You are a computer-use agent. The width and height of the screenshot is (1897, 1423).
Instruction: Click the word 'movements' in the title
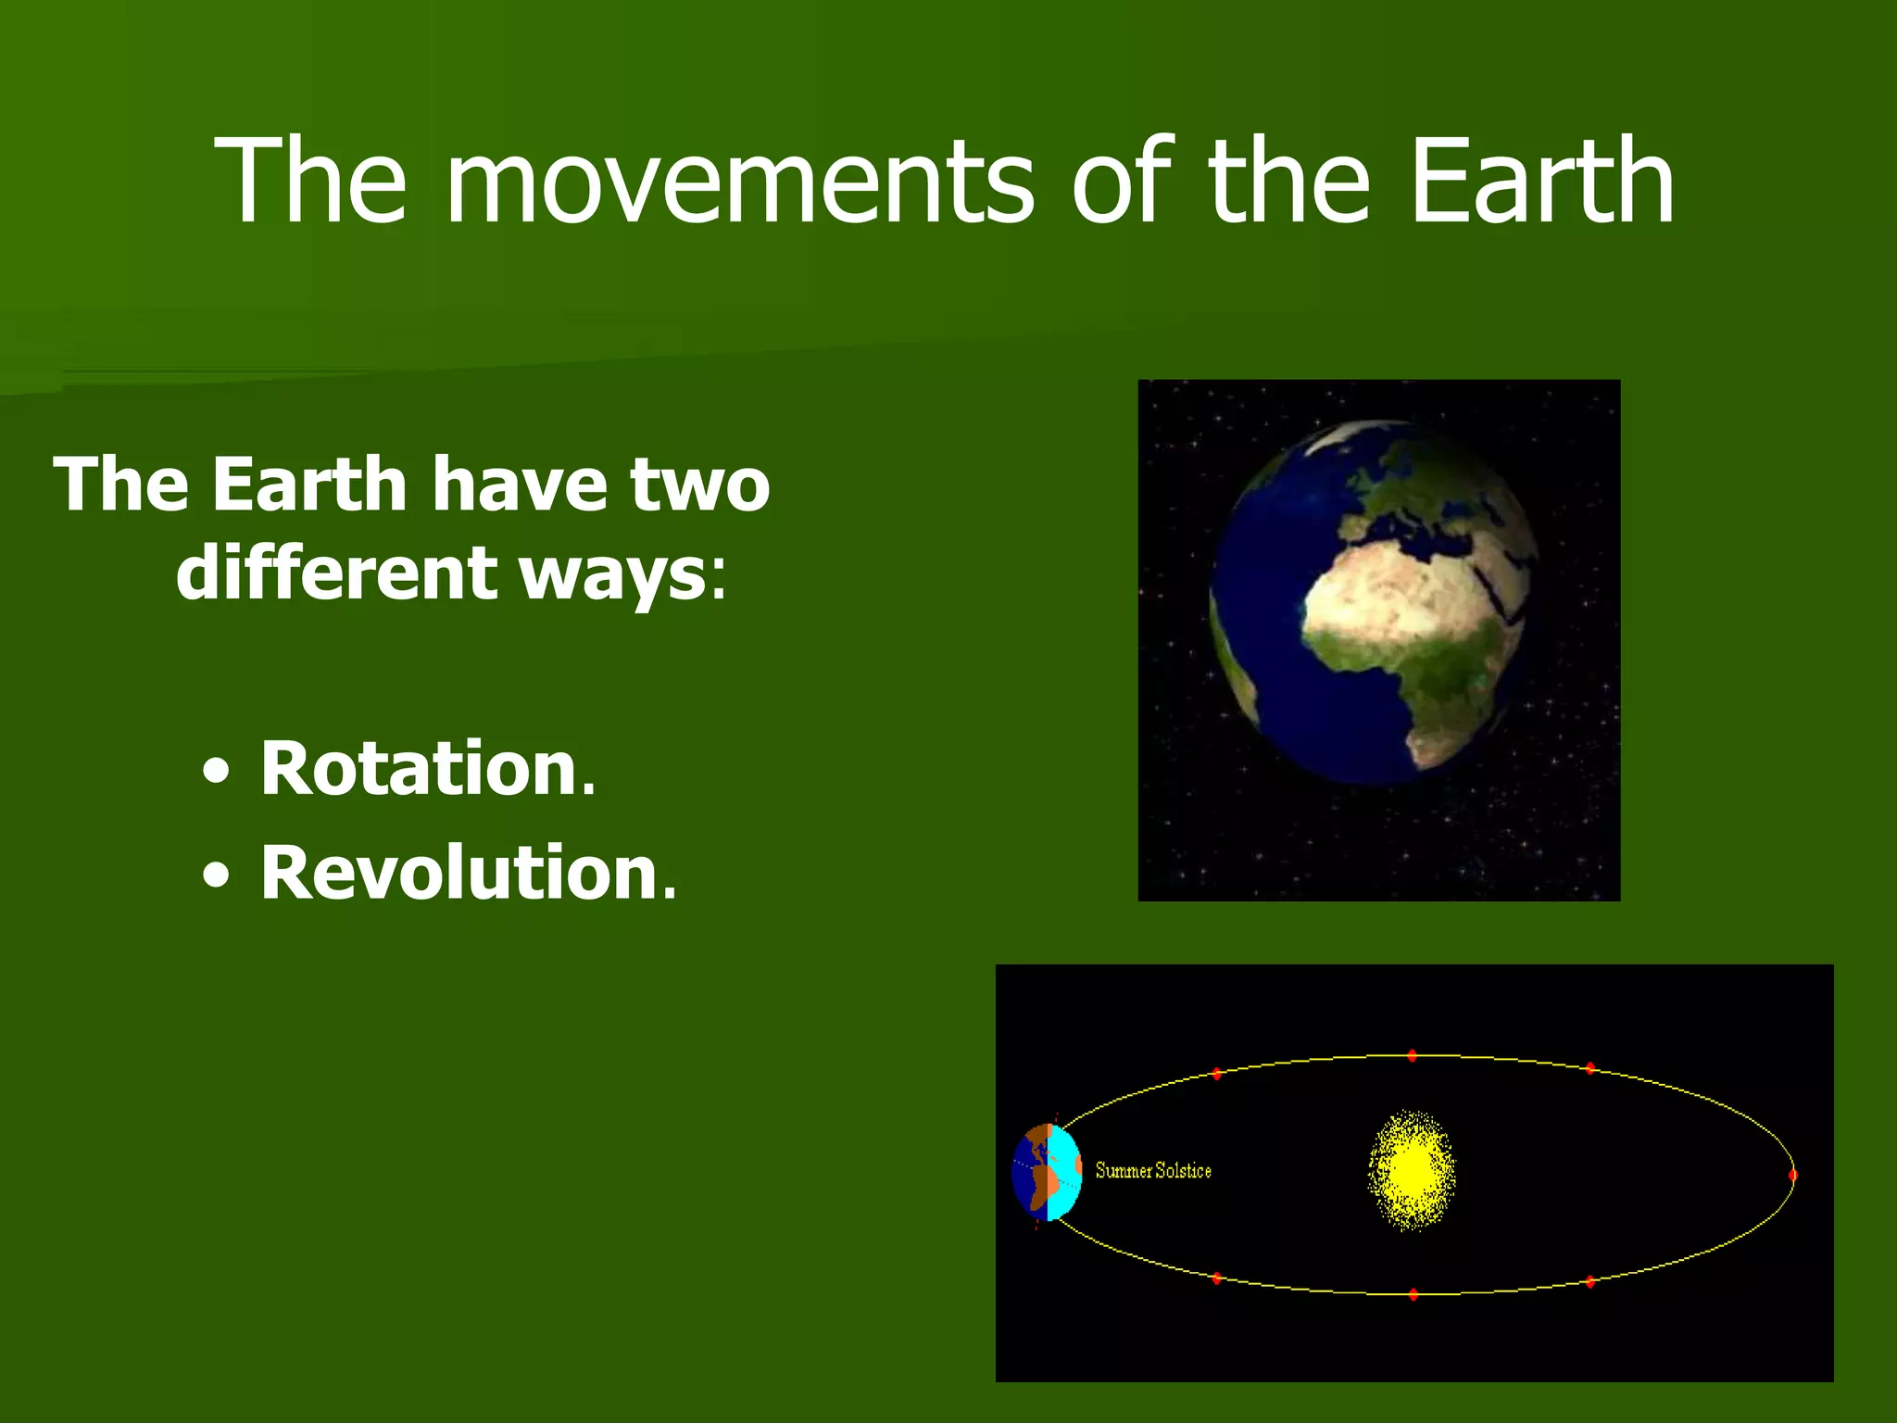[738, 181]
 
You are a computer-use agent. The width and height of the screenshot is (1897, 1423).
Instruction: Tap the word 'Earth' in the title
[1541, 181]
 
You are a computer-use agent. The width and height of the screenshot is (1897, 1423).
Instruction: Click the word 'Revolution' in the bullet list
[459, 874]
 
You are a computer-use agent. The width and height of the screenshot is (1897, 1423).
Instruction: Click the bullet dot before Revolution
[216, 875]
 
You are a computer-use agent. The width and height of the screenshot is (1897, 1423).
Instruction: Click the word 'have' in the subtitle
[521, 485]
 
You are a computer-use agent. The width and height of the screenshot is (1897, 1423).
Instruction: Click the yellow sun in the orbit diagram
[1412, 1170]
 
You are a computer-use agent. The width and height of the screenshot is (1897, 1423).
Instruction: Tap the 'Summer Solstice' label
[1153, 1171]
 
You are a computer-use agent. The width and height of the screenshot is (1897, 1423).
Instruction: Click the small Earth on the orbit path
[1047, 1172]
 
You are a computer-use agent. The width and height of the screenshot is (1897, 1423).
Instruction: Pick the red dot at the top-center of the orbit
[1412, 1055]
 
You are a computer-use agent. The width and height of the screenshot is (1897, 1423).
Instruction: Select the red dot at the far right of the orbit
[1792, 1175]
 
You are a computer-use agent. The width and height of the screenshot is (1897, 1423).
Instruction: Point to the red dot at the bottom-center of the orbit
[1413, 1294]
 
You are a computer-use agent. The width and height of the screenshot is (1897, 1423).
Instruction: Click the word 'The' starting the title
[310, 181]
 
